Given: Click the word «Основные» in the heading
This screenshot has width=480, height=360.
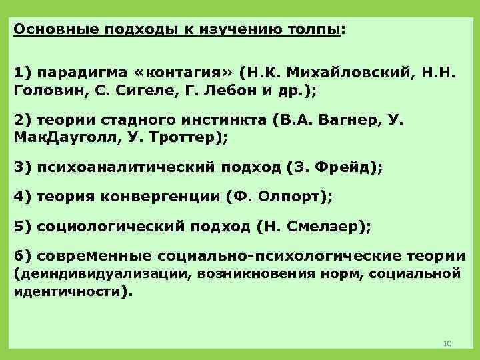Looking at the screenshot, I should [x=47, y=30].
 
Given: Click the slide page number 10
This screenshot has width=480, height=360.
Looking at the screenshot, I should [x=447, y=343].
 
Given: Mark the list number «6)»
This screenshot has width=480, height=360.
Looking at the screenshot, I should [x=23, y=255].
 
